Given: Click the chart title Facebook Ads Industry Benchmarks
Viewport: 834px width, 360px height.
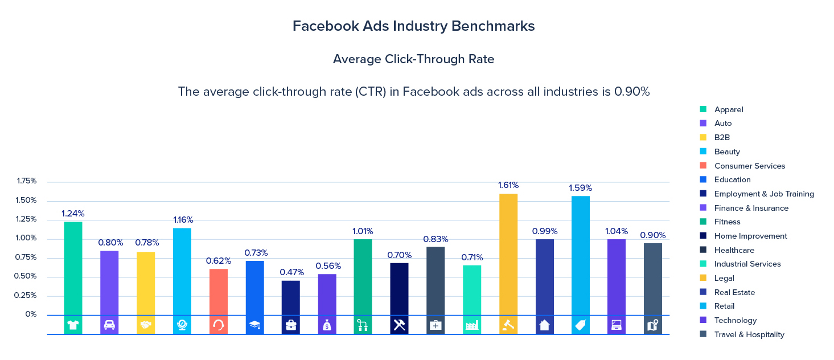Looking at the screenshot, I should click(413, 26).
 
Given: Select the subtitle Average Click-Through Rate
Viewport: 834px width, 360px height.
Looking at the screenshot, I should click(413, 59).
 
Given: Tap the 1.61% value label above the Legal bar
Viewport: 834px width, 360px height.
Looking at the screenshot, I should click(508, 185).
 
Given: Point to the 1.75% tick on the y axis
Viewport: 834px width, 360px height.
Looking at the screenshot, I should click(27, 181).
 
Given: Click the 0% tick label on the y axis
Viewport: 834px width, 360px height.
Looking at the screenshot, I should click(31, 314).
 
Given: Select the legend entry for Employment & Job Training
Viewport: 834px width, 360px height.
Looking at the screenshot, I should click(763, 194).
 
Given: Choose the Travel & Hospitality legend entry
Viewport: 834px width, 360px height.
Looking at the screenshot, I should click(749, 334).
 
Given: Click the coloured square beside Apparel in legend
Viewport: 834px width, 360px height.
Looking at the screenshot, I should click(703, 109).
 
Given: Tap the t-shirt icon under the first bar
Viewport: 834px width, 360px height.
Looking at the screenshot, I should click(73, 325).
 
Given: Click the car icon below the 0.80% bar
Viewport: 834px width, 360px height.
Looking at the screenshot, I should click(109, 325).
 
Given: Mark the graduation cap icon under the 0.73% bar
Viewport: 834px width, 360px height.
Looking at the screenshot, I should click(254, 325).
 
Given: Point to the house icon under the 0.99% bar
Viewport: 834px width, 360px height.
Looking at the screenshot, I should click(544, 325).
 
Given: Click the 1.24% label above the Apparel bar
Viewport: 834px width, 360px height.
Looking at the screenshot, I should click(73, 214).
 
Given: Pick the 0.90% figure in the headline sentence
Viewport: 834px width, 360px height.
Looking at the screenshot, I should click(631, 92).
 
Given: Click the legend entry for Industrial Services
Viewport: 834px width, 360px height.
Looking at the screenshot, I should click(747, 264).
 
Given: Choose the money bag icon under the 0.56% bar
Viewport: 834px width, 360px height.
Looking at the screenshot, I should click(327, 325).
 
